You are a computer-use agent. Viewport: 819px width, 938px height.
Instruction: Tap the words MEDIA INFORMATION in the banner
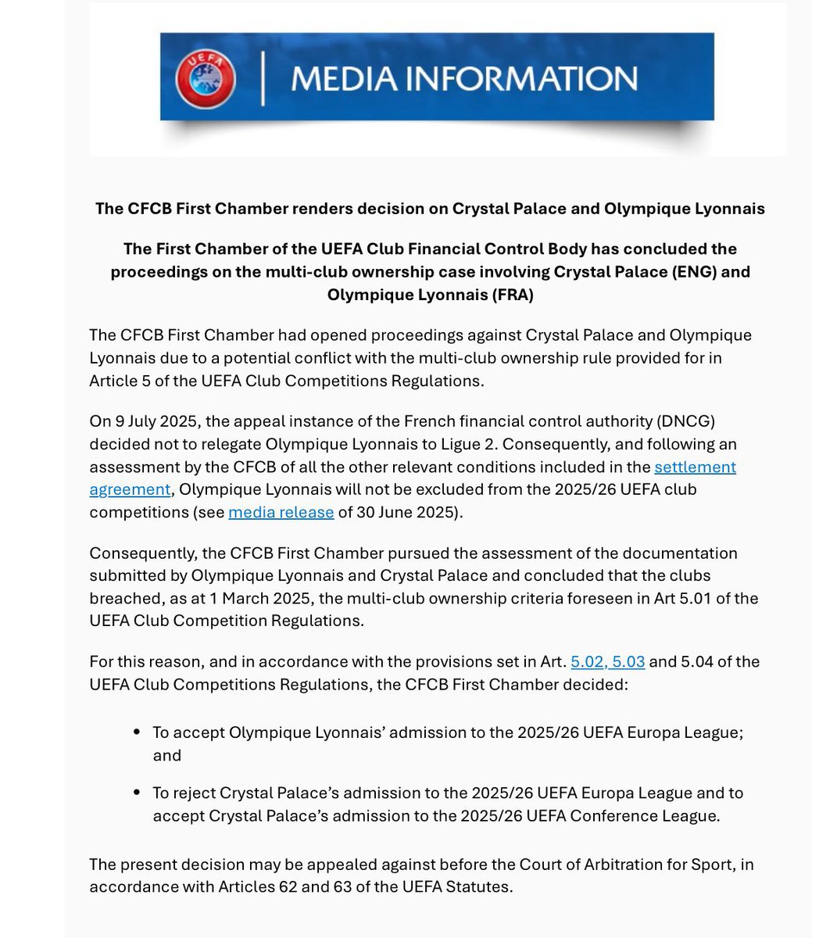point(463,79)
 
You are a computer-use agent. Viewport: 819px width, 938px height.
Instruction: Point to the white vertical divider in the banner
point(263,79)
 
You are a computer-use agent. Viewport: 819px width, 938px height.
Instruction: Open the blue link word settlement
point(695,467)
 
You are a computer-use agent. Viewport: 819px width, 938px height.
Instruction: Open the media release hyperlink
point(281,513)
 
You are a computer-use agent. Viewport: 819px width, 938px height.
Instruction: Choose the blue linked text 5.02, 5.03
point(607,661)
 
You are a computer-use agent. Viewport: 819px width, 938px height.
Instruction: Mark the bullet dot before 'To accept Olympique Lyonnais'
point(137,732)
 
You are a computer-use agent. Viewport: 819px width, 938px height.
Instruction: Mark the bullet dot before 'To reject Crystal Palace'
point(137,793)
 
